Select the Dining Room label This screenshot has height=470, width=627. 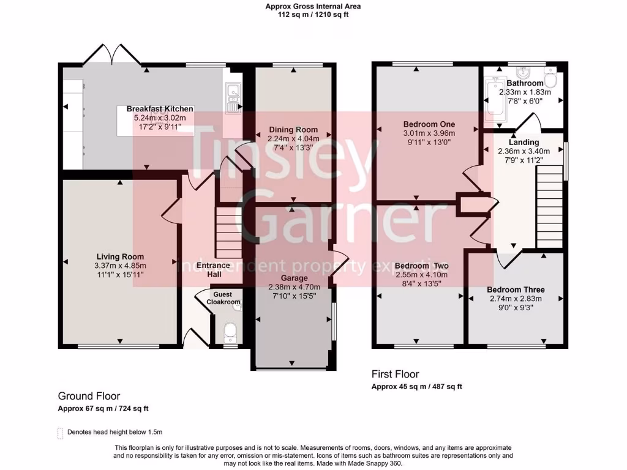(293, 129)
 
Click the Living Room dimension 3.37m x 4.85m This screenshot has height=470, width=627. (120, 266)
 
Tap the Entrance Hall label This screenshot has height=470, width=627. (213, 269)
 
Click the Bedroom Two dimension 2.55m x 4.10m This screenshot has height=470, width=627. (421, 275)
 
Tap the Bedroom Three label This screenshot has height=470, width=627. (516, 289)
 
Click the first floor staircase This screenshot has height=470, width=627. (549, 206)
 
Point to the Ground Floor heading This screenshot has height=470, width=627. (89, 396)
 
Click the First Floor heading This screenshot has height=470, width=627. (396, 374)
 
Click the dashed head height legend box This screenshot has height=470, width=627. (60, 433)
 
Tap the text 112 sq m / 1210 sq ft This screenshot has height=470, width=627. (313, 15)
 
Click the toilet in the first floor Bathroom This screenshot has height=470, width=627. (549, 80)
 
